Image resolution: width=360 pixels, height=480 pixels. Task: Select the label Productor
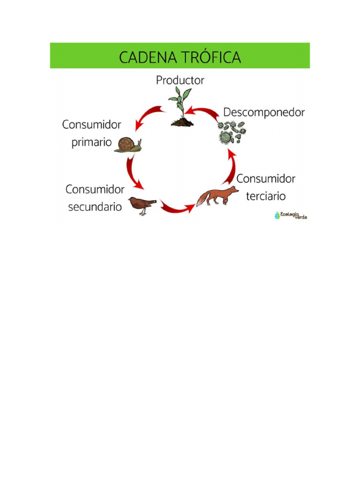point(180,81)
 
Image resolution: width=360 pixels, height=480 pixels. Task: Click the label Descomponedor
point(264,112)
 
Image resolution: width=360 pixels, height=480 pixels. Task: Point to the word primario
point(92,142)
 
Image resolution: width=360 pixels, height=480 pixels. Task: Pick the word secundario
point(95,206)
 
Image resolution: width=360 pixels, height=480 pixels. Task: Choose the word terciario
point(266,196)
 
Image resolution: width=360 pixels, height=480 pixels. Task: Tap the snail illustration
point(127,144)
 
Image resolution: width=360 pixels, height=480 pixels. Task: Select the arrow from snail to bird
point(133,172)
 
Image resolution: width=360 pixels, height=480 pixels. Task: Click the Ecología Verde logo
point(291,216)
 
